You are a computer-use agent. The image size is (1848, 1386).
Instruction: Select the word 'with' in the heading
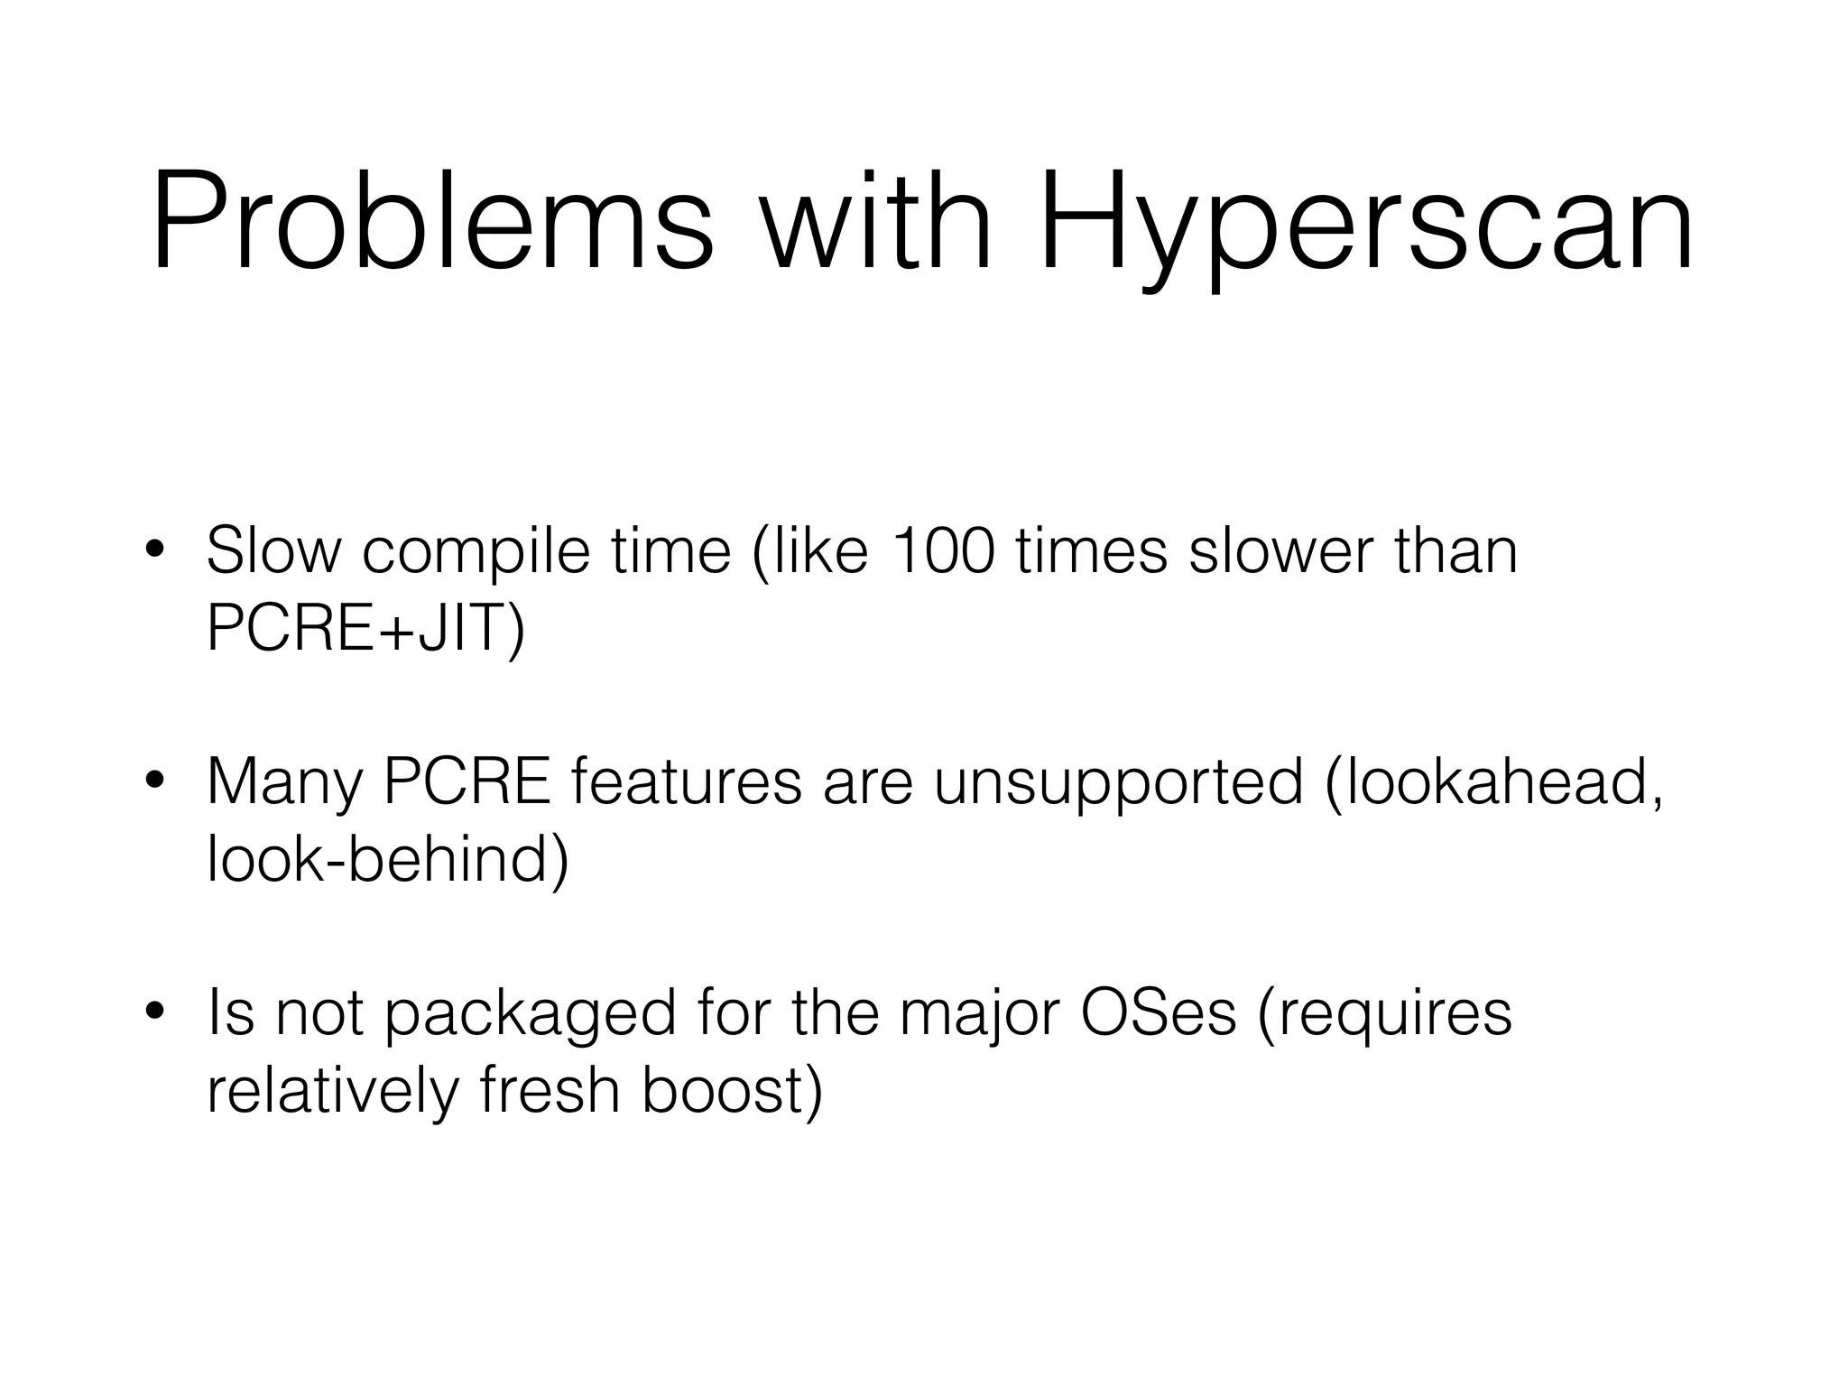(875, 222)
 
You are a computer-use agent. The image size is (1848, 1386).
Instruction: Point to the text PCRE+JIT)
(365, 628)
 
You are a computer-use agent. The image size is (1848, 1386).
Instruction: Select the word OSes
(1158, 1012)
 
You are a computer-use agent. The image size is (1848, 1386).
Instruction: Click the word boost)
(732, 1090)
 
